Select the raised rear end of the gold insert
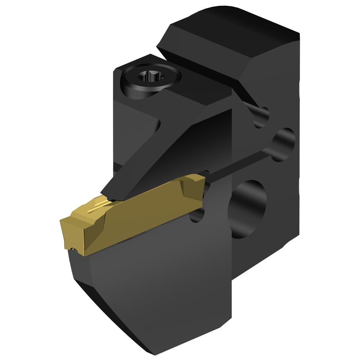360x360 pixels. (x=192, y=183)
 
